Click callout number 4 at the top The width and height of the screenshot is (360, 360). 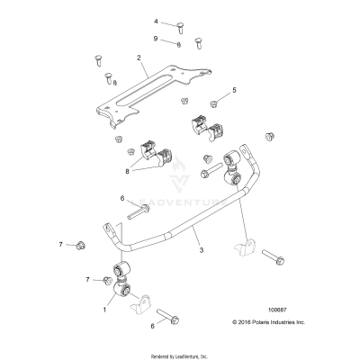coord(155,21)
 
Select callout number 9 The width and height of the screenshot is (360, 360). coord(155,38)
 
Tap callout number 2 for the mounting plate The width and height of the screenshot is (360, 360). coord(139,58)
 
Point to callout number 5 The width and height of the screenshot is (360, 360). coord(234,91)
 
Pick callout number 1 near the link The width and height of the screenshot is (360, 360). coord(104,309)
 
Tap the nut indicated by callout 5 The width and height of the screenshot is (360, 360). coord(215,103)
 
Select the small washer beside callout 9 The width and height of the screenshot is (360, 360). coord(180,43)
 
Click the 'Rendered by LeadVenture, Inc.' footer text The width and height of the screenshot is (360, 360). coord(180,351)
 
